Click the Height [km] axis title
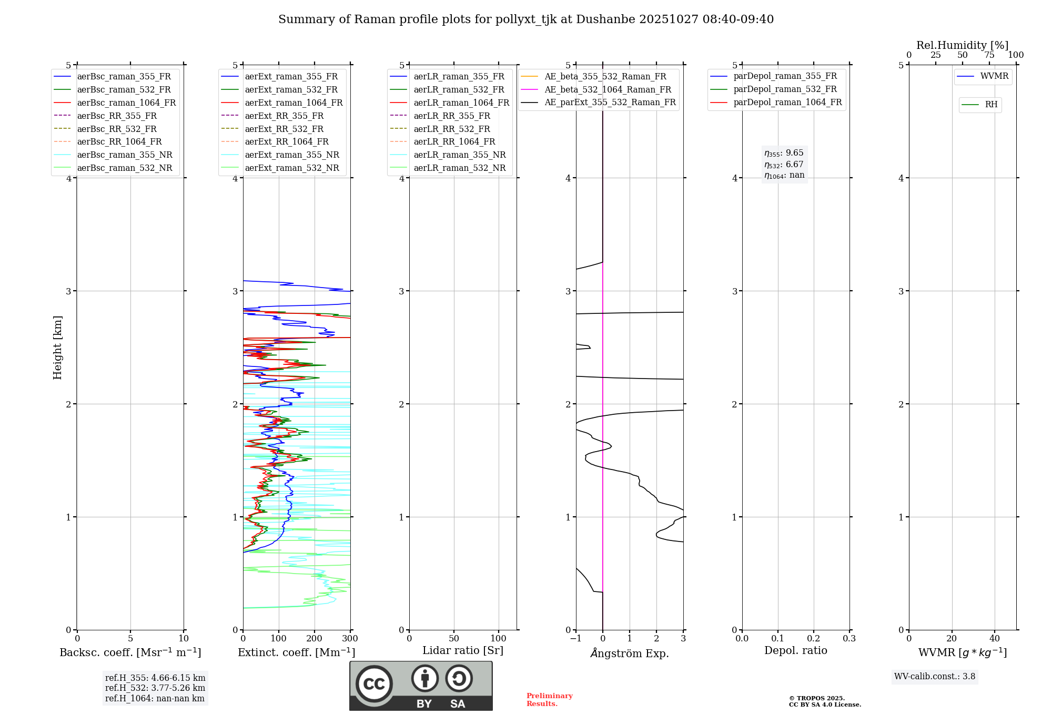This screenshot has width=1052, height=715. [x=57, y=348]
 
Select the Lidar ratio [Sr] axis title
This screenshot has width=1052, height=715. [x=463, y=650]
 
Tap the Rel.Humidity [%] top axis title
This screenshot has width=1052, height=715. [x=962, y=45]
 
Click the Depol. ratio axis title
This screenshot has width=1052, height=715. [x=795, y=650]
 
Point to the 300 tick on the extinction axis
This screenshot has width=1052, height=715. [x=350, y=639]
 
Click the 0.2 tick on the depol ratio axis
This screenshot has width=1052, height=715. [x=813, y=639]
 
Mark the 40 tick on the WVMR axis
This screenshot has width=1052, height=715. [x=994, y=639]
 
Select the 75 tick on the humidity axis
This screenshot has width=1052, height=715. [x=989, y=55]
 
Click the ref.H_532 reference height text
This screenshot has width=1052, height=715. [x=155, y=688]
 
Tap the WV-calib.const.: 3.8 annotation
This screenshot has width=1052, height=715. [x=935, y=677]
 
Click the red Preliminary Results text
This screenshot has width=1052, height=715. [x=549, y=700]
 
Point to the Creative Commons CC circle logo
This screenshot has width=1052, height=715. [x=374, y=684]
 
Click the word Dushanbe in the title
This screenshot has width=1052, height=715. [x=605, y=19]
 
